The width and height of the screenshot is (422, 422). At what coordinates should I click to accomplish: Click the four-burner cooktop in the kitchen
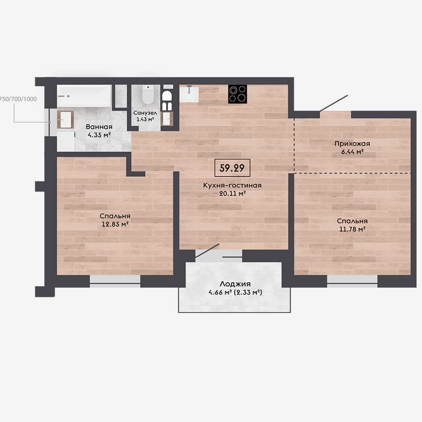(x=238, y=94)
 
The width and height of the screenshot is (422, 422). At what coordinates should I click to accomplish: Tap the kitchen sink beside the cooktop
(x=189, y=94)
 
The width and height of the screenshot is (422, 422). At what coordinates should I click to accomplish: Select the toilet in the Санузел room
(x=147, y=95)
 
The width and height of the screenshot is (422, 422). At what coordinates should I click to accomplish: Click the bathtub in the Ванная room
(x=84, y=96)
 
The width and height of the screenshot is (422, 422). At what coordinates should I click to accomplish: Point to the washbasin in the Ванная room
(x=65, y=120)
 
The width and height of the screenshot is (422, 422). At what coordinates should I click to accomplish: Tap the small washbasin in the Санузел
(x=167, y=119)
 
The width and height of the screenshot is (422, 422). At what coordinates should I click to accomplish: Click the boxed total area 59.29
(x=232, y=168)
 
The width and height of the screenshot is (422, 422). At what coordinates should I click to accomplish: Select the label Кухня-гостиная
(x=232, y=186)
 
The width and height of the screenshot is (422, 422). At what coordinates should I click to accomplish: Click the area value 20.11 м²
(x=232, y=194)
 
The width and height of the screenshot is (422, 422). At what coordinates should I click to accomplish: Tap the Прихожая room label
(x=352, y=143)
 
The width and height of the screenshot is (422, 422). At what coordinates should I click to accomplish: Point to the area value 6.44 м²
(x=352, y=152)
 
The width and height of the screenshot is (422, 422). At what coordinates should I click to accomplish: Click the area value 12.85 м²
(x=115, y=224)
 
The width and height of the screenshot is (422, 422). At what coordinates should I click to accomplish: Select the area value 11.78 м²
(x=352, y=229)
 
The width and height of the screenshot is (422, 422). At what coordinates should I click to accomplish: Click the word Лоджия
(x=235, y=284)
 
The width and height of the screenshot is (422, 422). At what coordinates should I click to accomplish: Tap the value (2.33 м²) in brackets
(x=248, y=292)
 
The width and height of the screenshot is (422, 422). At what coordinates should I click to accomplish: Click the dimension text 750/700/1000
(x=18, y=99)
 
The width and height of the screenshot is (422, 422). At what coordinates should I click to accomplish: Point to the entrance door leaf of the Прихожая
(x=334, y=103)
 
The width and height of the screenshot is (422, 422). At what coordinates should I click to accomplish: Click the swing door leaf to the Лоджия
(x=207, y=251)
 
